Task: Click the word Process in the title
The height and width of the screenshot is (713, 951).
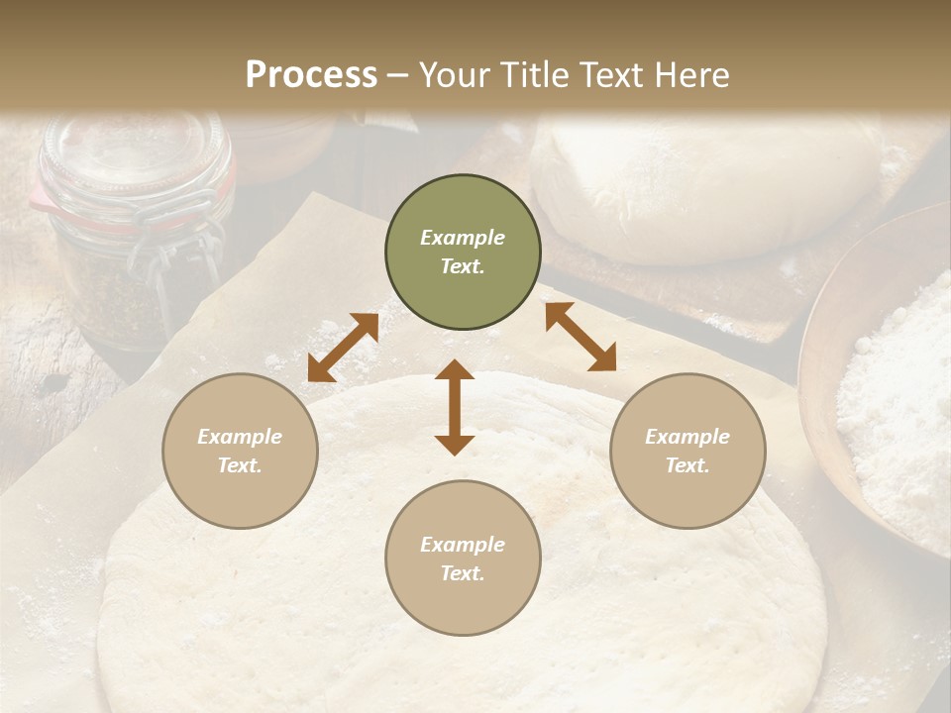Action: pos(311,75)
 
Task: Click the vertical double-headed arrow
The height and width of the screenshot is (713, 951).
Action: pos(455,407)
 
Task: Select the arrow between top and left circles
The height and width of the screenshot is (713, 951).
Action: pos(343,348)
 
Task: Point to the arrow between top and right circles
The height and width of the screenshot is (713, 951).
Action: pos(581,337)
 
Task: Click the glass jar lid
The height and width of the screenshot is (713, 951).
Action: pos(134,149)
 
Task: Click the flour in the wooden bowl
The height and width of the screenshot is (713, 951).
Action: pos(897,406)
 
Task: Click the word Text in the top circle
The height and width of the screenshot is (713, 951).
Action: pos(463,266)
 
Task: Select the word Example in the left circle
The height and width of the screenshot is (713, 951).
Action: pos(240,437)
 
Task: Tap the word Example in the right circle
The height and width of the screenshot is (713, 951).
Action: pos(687,437)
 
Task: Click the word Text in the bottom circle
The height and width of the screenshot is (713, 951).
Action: pos(463,573)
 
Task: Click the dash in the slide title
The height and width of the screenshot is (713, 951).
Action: pos(397,75)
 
